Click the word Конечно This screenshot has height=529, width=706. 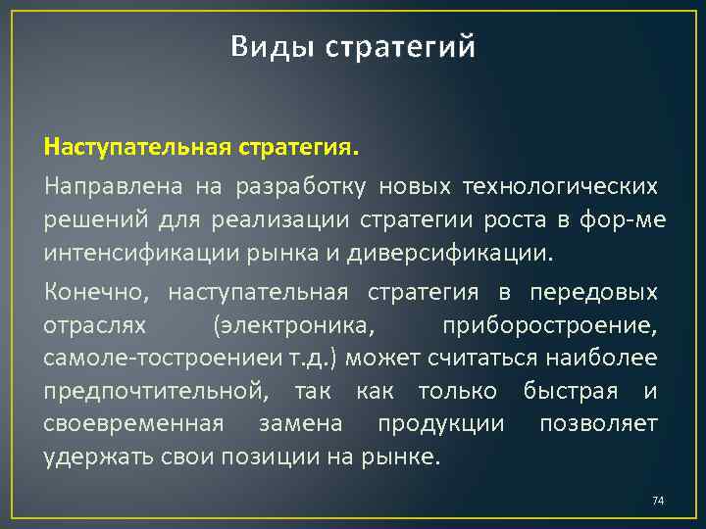97,291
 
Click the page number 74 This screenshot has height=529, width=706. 658,502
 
